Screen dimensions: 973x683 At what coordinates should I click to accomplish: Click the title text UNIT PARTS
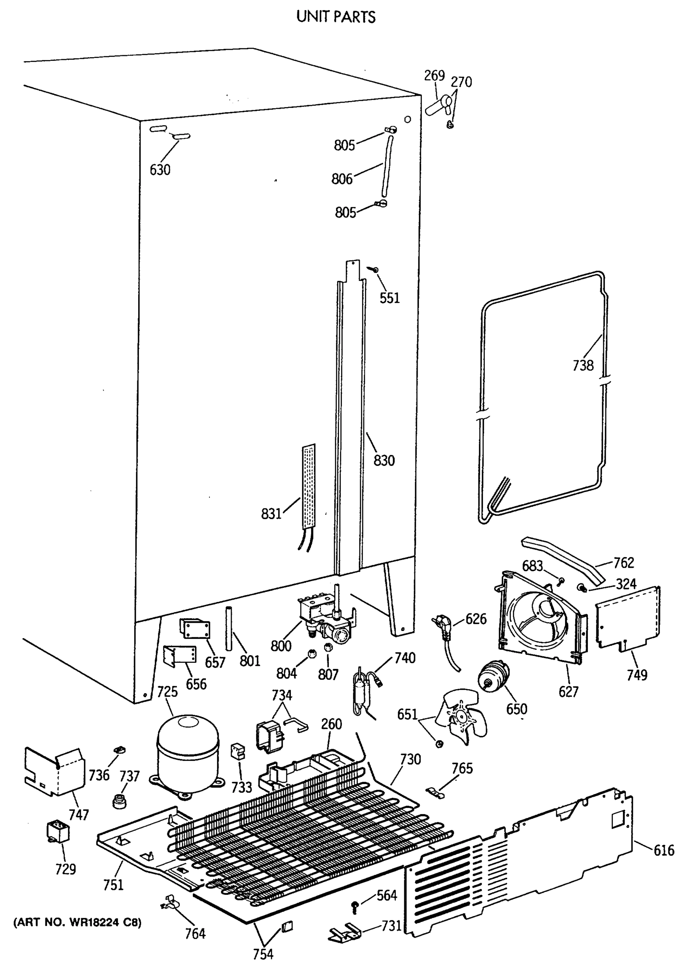[336, 17]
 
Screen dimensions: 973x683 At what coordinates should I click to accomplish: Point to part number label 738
[583, 365]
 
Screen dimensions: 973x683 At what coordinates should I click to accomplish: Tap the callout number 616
[664, 850]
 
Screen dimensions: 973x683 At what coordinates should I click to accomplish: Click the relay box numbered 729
[58, 832]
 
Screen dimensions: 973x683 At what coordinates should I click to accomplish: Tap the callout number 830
[384, 460]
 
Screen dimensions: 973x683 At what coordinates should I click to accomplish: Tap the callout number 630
[160, 170]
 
